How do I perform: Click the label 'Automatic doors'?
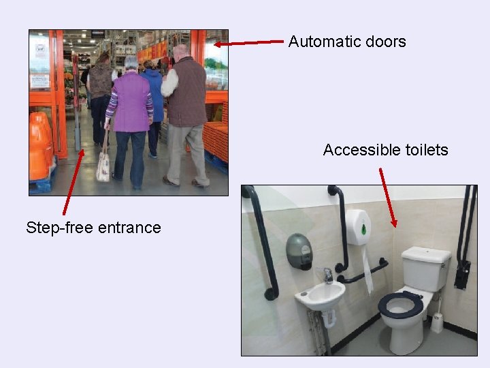click(x=346, y=42)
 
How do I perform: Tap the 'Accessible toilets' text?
click(x=385, y=150)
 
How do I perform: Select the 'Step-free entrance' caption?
click(x=93, y=228)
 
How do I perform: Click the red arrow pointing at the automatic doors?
click(x=248, y=43)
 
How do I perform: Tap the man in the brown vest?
click(x=184, y=109)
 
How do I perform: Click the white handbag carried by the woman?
click(x=103, y=166)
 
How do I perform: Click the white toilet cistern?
click(x=425, y=269)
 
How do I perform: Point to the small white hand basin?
click(x=320, y=295)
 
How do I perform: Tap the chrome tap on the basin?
click(x=327, y=275)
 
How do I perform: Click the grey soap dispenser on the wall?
click(x=299, y=251)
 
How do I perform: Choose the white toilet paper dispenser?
click(x=357, y=227)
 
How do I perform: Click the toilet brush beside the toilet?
click(x=438, y=317)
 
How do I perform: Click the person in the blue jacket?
click(x=154, y=95)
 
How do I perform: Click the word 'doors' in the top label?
click(x=385, y=42)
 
